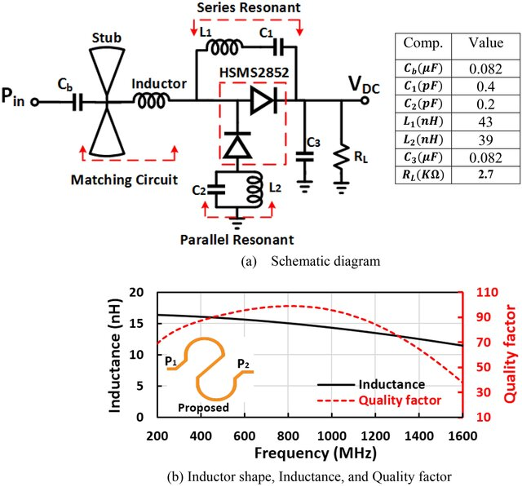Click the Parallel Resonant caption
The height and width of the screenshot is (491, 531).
[x=237, y=240]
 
